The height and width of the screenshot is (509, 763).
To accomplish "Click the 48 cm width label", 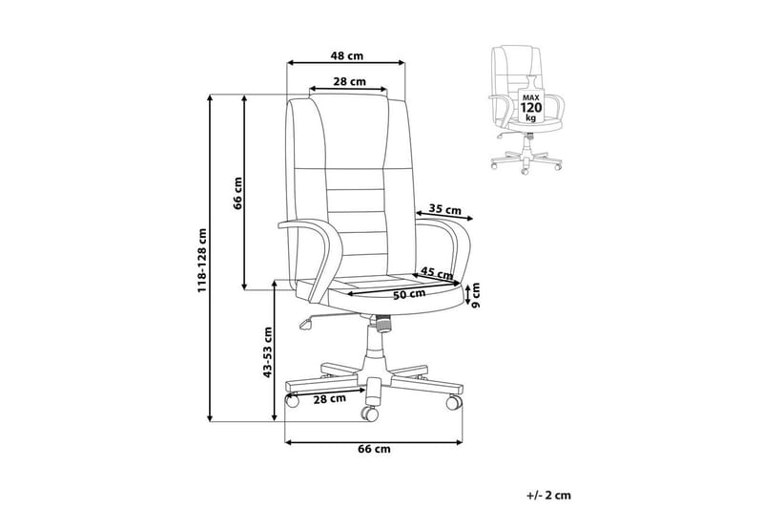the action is point(346,55).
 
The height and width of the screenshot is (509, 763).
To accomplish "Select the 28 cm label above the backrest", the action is point(349,81).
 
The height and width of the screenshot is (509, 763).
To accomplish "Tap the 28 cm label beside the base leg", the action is point(329,399).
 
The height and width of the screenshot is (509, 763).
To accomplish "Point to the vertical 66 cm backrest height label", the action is point(237,193).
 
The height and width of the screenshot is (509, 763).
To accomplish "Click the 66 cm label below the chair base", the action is point(374,449).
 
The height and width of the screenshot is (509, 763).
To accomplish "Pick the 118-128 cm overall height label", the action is point(202,261).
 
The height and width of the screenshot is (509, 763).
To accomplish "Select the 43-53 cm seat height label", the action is point(267,352).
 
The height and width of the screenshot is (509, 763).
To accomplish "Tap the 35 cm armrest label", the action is point(445,210).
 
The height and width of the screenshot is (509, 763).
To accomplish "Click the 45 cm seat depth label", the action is point(437,273).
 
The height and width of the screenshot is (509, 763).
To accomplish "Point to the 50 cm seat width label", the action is point(409,295).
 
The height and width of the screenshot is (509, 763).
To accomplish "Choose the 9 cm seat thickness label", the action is point(475,295).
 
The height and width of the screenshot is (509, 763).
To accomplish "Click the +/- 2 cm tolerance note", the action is point(548,496).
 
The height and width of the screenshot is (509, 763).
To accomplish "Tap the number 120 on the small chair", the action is point(530,108).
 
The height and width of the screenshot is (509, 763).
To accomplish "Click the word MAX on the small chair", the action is point(530,97).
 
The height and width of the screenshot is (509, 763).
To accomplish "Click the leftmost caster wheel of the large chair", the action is point(292,400).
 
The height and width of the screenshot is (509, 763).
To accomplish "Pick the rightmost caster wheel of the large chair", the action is point(454,402).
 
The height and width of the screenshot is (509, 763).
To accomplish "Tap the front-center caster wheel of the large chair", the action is point(369,414).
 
